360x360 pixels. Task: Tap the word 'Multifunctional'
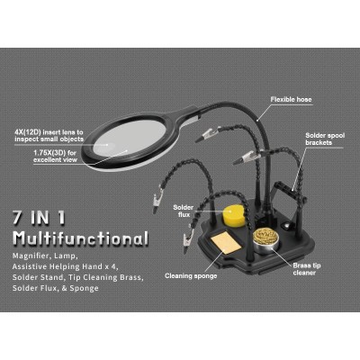pos(80,238)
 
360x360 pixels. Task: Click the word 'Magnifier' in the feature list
pos(32,256)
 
